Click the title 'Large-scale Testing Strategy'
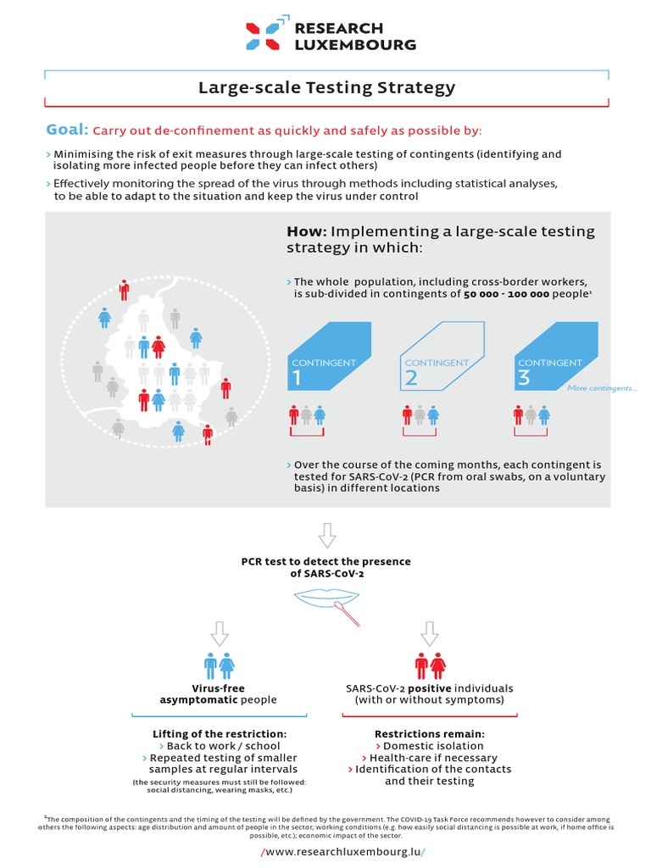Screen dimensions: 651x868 pos(326,87)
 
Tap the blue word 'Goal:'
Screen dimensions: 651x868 pos(67,130)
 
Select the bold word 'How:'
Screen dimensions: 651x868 pos(306,231)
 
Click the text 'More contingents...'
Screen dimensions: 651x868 pos(603,388)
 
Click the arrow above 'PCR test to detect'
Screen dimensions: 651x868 pos(326,535)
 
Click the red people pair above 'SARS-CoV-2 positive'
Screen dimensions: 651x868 pos(431,665)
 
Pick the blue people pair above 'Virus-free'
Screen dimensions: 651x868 pos(220,665)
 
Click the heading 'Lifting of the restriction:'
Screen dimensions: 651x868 pos(220,733)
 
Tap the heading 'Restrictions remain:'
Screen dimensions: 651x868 pos(430,733)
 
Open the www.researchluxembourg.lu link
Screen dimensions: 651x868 pos(343,851)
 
